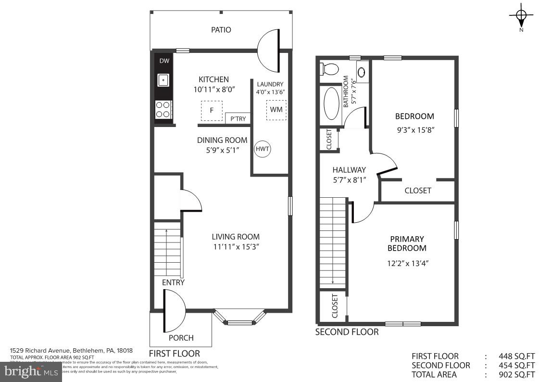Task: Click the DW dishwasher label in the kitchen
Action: point(164,61)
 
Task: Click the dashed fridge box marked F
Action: point(212,111)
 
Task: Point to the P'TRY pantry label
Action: point(238,118)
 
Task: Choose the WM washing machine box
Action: point(276,110)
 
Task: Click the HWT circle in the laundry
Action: point(263,149)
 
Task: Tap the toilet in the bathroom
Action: point(329,69)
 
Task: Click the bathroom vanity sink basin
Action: point(362,72)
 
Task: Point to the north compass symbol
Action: point(521,16)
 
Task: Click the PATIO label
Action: point(221,30)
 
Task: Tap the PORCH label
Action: point(181,338)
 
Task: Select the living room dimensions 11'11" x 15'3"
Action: point(236,247)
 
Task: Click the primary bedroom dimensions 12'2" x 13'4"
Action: point(407,263)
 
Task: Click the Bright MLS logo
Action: point(31,371)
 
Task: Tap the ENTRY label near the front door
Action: point(173,282)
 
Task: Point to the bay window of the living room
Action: point(239,318)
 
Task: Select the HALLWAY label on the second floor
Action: point(349,170)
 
